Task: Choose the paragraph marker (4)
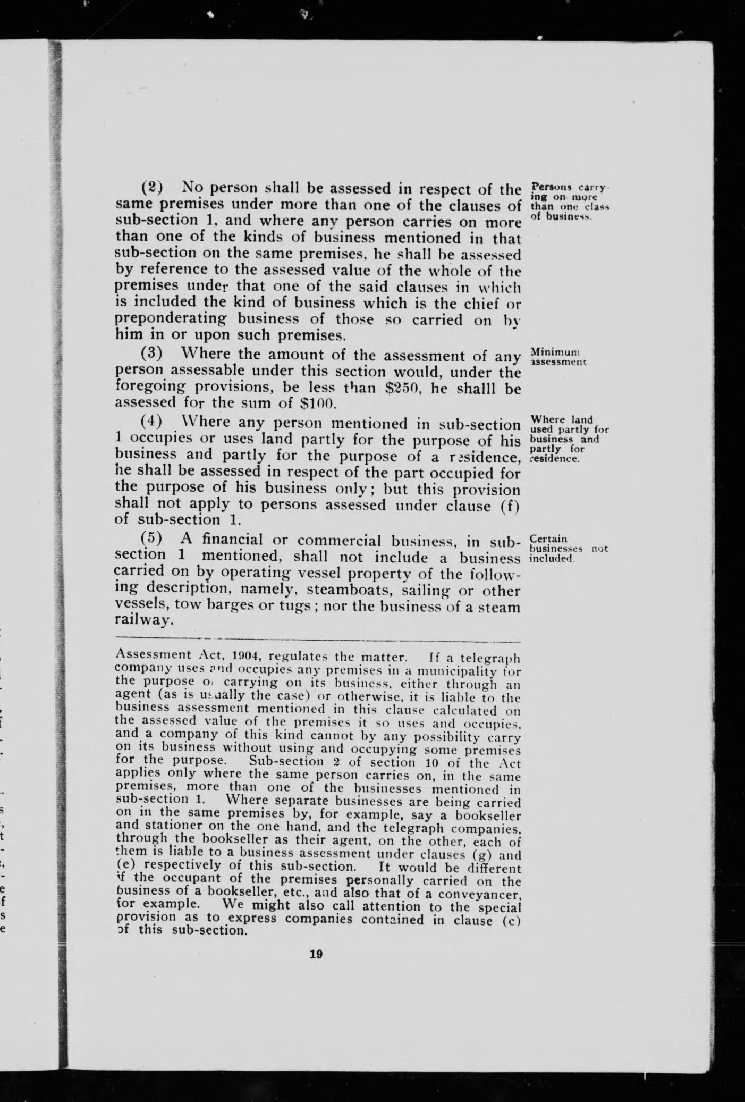coord(151,423)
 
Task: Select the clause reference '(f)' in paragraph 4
coord(509,505)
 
